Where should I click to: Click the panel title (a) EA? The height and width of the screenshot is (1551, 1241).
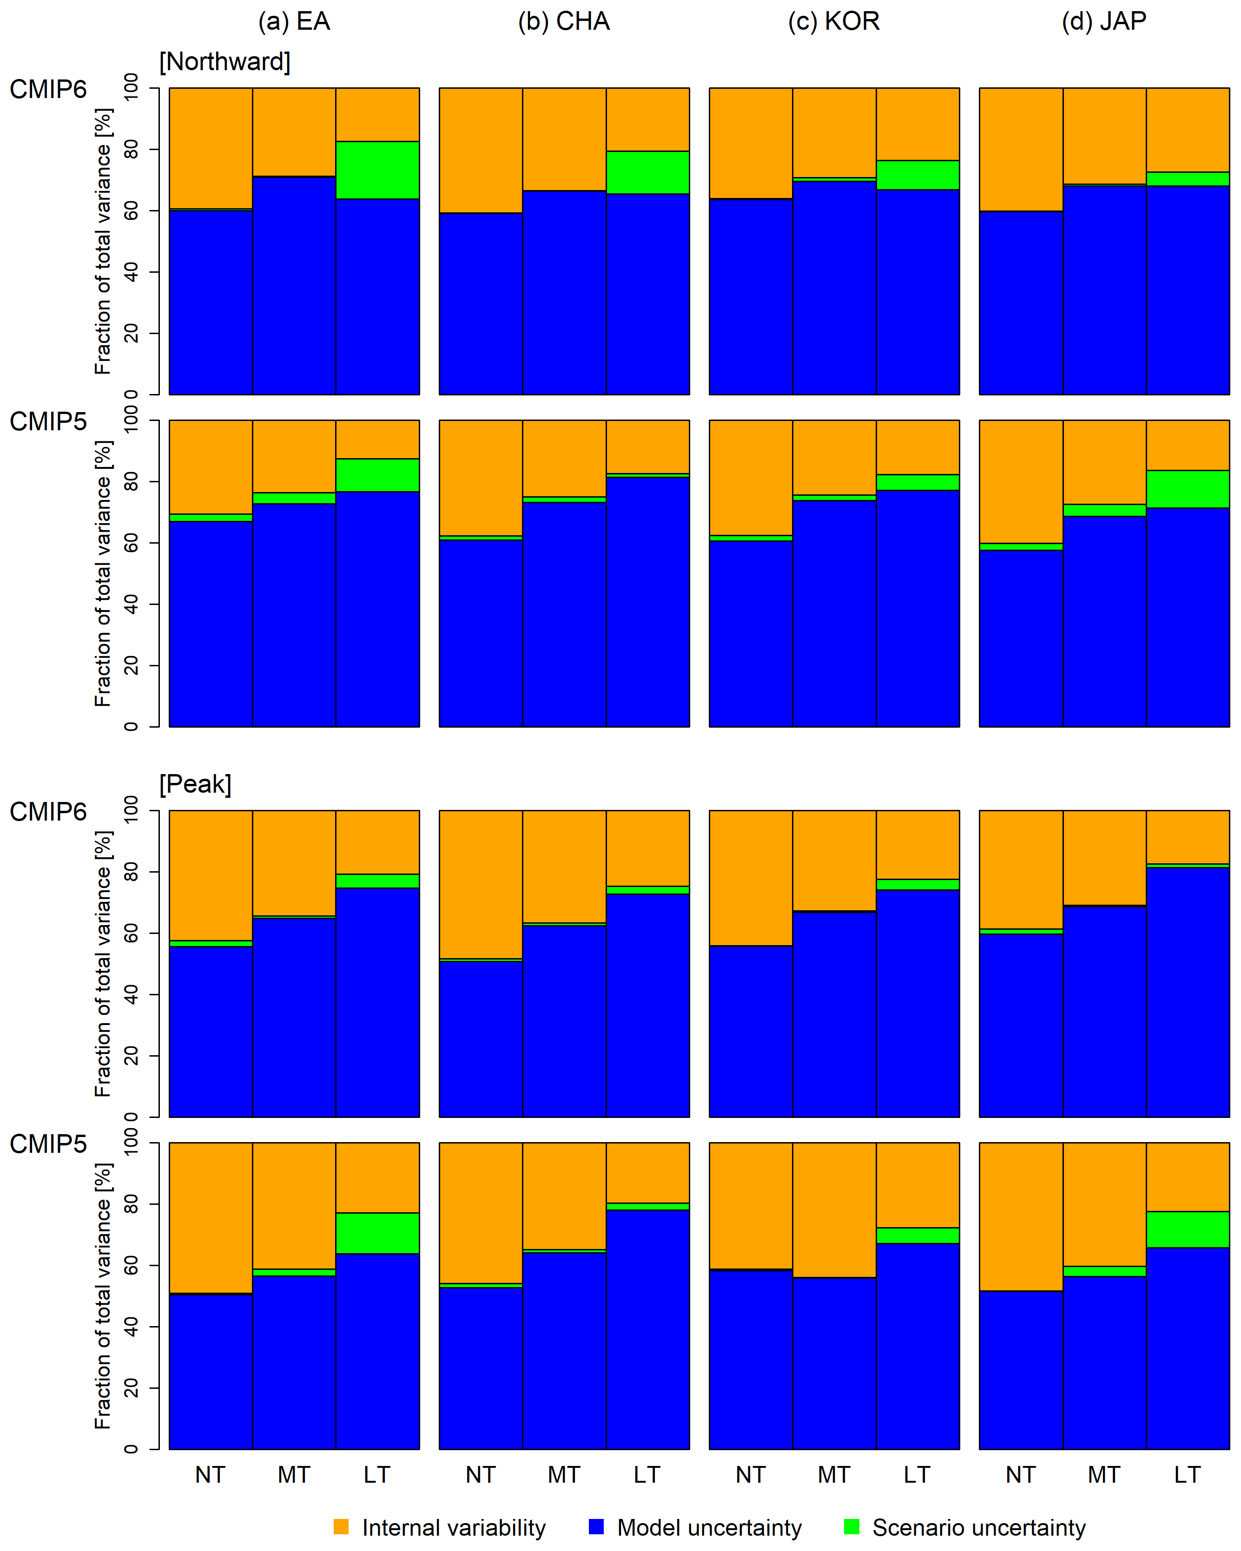click(x=294, y=21)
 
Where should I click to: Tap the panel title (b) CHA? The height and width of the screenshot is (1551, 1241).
click(x=563, y=21)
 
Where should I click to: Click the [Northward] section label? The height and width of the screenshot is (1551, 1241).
click(x=224, y=62)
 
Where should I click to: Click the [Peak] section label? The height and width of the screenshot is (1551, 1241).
click(x=195, y=784)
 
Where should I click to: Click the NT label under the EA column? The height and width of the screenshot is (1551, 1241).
click(x=210, y=1475)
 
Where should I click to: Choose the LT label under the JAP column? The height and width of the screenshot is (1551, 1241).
click(x=1187, y=1475)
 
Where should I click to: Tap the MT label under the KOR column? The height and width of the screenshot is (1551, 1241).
click(x=834, y=1475)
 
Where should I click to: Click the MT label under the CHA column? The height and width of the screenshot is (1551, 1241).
click(x=564, y=1475)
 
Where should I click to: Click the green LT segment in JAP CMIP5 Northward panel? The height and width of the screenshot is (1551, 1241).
click(x=1187, y=489)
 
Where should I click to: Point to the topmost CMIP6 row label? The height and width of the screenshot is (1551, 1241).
click(x=47, y=89)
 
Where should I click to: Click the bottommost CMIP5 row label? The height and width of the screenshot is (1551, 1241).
click(x=47, y=1144)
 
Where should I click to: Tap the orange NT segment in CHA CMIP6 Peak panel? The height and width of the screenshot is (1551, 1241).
click(x=481, y=884)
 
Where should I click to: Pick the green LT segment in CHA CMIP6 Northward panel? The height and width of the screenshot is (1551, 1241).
click(x=647, y=173)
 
